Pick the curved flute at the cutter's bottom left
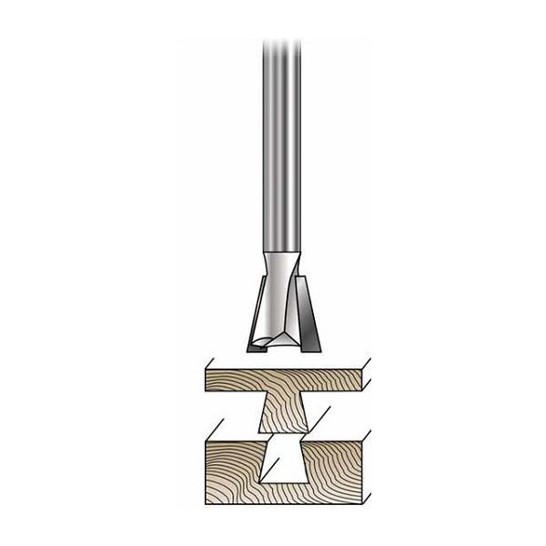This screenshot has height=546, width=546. [x=261, y=341]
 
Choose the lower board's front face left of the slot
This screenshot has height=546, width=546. [x=231, y=469]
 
